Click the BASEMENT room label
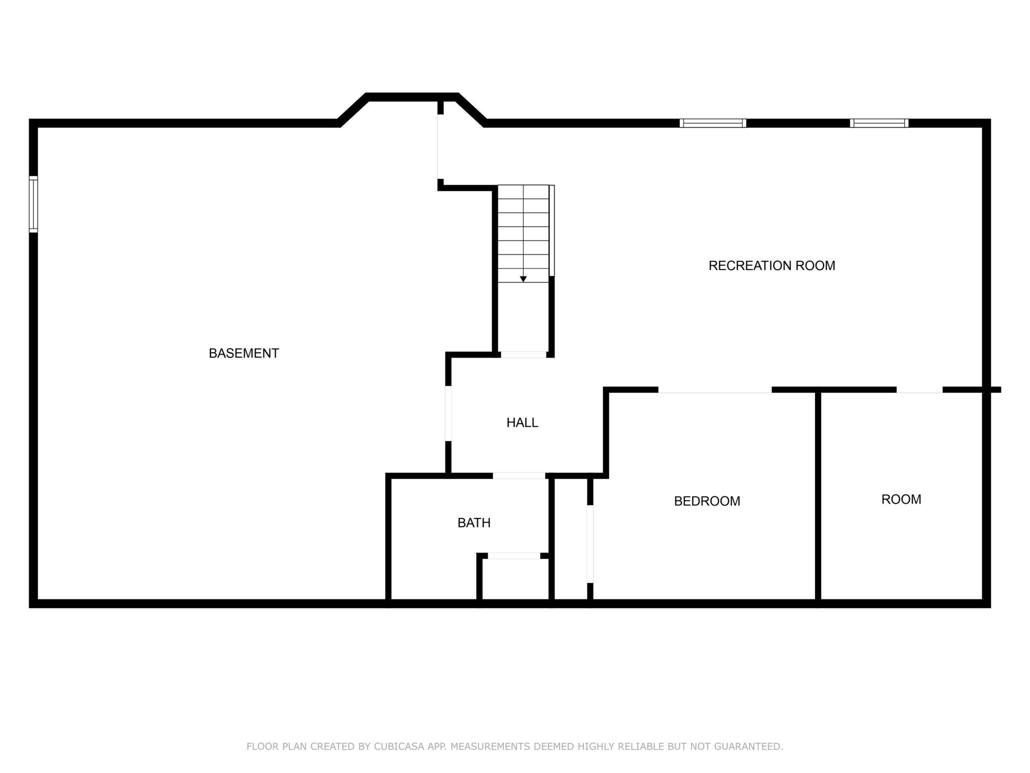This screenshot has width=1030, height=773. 243,353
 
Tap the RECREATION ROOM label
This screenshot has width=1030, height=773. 772,266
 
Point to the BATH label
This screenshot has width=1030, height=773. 474,523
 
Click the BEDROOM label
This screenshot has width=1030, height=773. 707,501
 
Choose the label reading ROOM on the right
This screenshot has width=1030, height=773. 901,500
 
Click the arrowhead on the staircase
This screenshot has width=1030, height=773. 523,279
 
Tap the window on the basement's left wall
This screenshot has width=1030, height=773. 33,204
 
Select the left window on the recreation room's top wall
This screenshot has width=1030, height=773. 713,123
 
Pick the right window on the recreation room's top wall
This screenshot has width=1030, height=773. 879,123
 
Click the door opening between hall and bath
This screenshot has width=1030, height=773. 519,476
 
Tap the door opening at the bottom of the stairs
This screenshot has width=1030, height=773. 523,355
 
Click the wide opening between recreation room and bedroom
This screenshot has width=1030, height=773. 715,390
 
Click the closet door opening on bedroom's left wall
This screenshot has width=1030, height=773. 590,544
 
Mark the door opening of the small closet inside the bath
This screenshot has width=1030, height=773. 514,556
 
